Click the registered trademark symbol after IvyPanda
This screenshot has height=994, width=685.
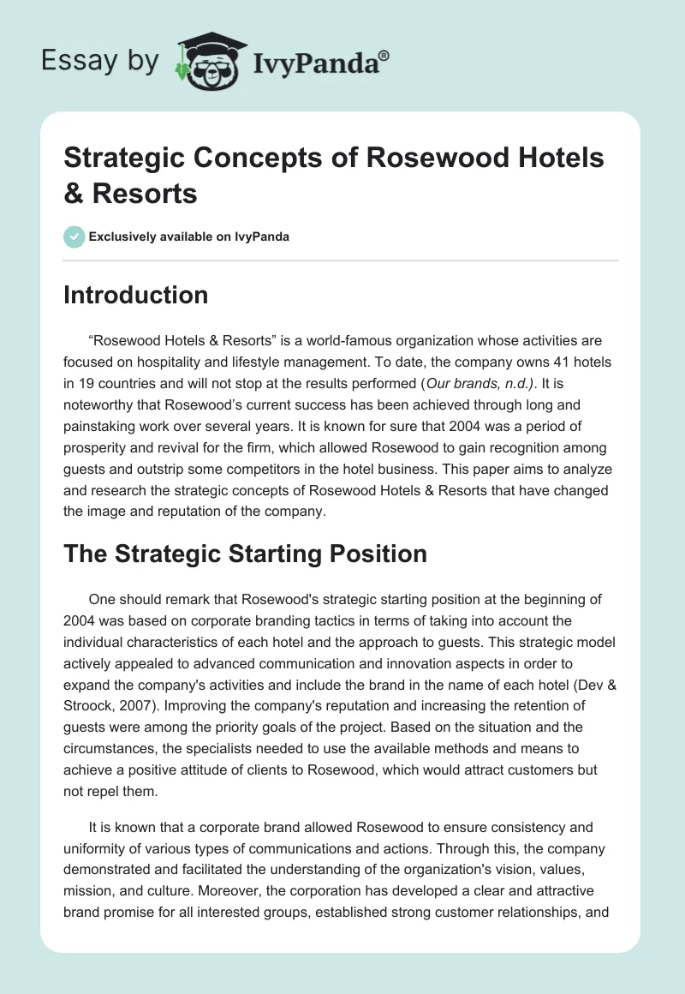tap(384, 55)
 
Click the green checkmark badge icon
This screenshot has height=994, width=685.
tap(74, 237)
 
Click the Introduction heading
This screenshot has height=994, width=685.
tap(136, 295)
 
